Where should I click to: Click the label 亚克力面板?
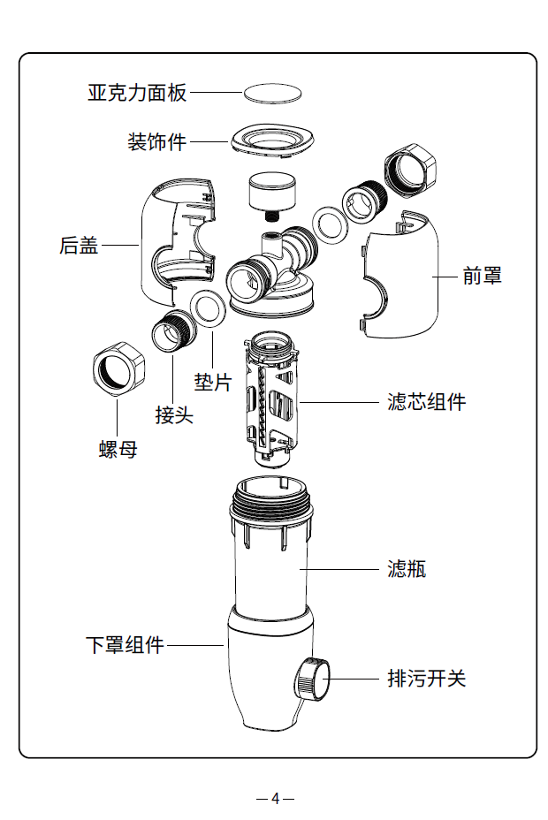tap(137, 92)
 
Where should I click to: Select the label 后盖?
tap(79, 246)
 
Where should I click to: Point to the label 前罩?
tap(483, 276)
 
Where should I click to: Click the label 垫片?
tap(212, 382)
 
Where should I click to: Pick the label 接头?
tap(174, 414)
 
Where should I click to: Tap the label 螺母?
tap(118, 450)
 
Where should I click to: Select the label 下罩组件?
tap(125, 645)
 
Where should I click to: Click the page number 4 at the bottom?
tap(275, 798)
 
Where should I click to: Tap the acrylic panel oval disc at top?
tap(274, 92)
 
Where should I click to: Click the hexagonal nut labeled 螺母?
tap(117, 370)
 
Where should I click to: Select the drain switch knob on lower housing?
tap(312, 680)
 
